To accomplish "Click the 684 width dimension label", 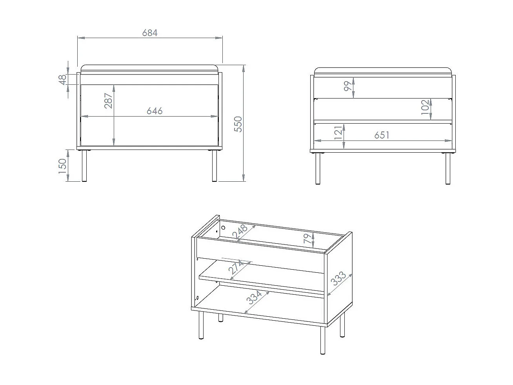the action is pyautogui.click(x=150, y=33).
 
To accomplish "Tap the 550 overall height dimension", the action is pyautogui.click(x=238, y=124).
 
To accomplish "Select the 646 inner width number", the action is pyautogui.click(x=155, y=111).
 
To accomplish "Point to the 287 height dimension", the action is pyautogui.click(x=108, y=101).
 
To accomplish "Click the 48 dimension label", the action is pyautogui.click(x=62, y=80).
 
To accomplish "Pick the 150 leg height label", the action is pyautogui.click(x=62, y=166).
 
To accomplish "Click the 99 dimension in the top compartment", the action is pyautogui.click(x=348, y=86).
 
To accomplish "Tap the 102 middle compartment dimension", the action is pyautogui.click(x=426, y=107).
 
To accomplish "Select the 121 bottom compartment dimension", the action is pyautogui.click(x=338, y=133).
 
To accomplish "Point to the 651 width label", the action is pyautogui.click(x=382, y=135).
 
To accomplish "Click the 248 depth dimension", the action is pyautogui.click(x=240, y=232).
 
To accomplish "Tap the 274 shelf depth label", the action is pyautogui.click(x=236, y=267).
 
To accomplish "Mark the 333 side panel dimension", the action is pyautogui.click(x=338, y=278).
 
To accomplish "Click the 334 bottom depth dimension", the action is pyautogui.click(x=254, y=297).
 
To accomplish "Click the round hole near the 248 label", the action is pyautogui.click(x=223, y=228).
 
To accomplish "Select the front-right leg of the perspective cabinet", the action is pyautogui.click(x=323, y=340).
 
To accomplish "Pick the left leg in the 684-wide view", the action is pyautogui.click(x=84, y=166).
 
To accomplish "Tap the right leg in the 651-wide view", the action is pyautogui.click(x=448, y=168).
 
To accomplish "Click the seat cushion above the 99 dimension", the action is pyautogui.click(x=383, y=72).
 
